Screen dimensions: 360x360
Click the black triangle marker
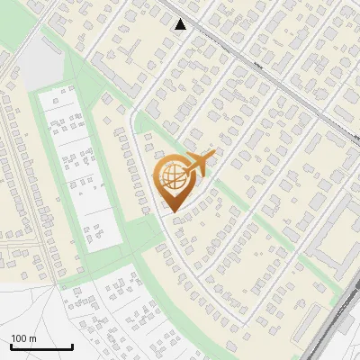(181, 24)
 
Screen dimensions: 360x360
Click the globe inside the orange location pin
(171, 178)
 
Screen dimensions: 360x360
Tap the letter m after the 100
(32, 338)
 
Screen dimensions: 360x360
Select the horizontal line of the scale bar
(41, 346)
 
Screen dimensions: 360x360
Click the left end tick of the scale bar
(11, 345)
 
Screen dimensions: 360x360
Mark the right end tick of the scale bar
(72, 345)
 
